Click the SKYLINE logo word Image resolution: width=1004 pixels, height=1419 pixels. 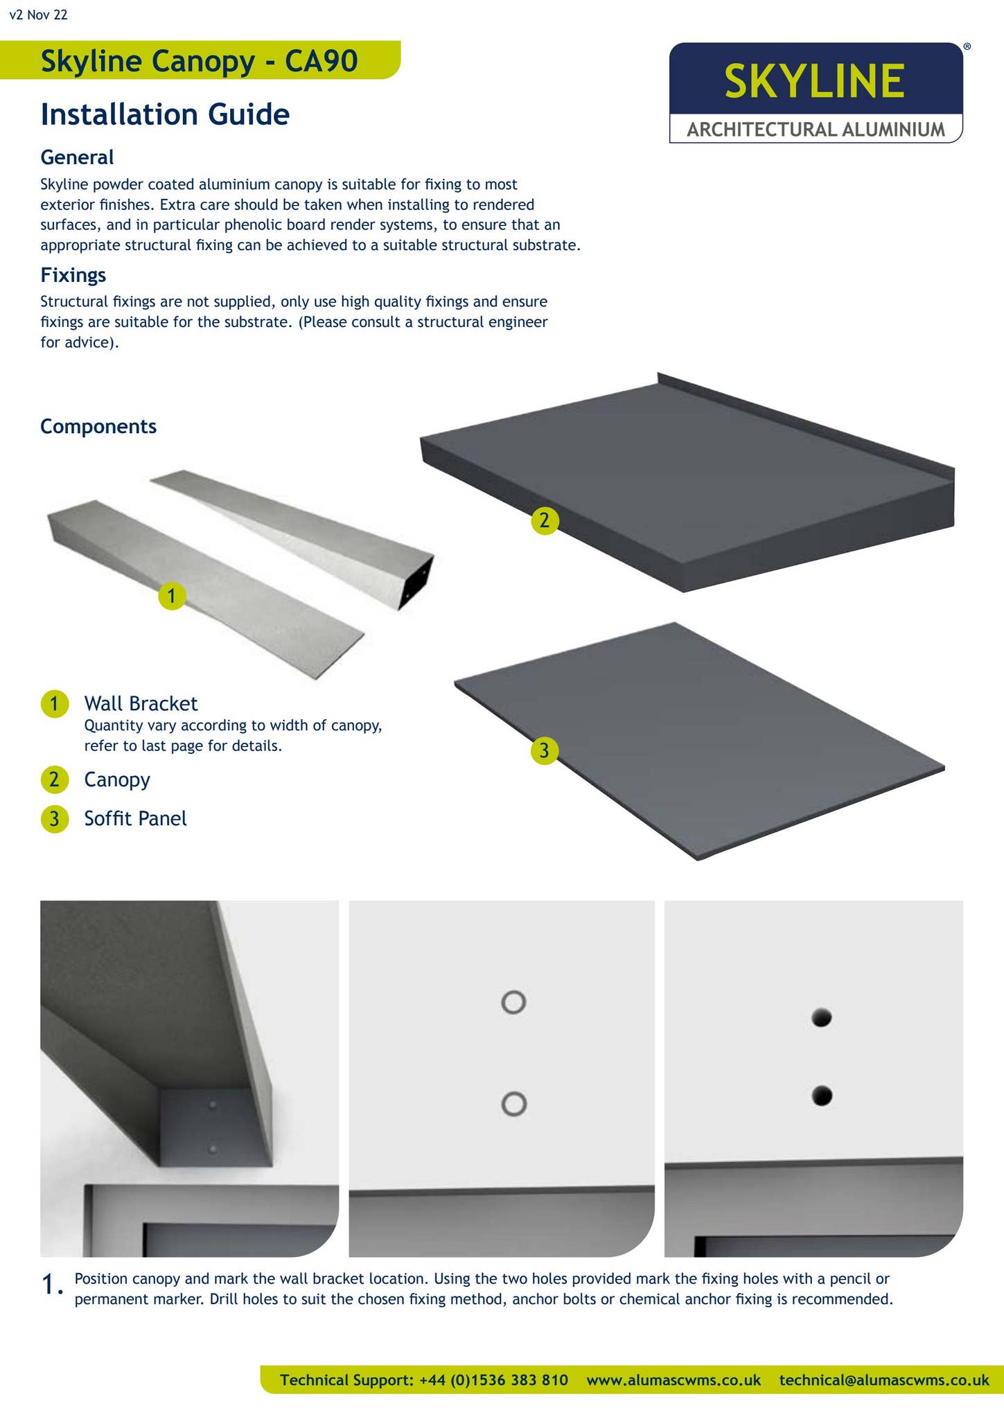click(814, 81)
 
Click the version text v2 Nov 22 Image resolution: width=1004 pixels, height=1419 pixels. click(39, 15)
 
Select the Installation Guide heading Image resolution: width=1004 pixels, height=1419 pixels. click(165, 114)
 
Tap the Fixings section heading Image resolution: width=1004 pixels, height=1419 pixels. click(73, 275)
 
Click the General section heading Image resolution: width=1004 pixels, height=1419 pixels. click(77, 157)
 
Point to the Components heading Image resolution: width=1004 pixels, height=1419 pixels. click(98, 426)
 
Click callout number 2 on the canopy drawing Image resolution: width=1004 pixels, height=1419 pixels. click(545, 520)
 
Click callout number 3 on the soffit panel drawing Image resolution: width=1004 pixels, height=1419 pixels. click(545, 750)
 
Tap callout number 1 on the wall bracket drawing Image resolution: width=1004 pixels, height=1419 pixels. click(172, 596)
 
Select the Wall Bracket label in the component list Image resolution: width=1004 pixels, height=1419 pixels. click(141, 703)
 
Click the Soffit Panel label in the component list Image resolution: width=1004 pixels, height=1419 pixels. click(135, 818)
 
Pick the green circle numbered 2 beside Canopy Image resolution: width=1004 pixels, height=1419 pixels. click(55, 780)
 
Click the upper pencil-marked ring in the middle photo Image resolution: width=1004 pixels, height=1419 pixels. click(513, 1002)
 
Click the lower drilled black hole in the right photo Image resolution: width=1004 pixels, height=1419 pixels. click(822, 1096)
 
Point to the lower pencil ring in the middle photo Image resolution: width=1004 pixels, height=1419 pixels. click(513, 1104)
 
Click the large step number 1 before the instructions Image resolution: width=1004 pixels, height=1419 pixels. click(52, 1286)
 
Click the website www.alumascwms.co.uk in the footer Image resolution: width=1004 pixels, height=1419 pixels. click(673, 1380)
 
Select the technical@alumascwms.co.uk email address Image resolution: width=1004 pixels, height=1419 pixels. click(884, 1380)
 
